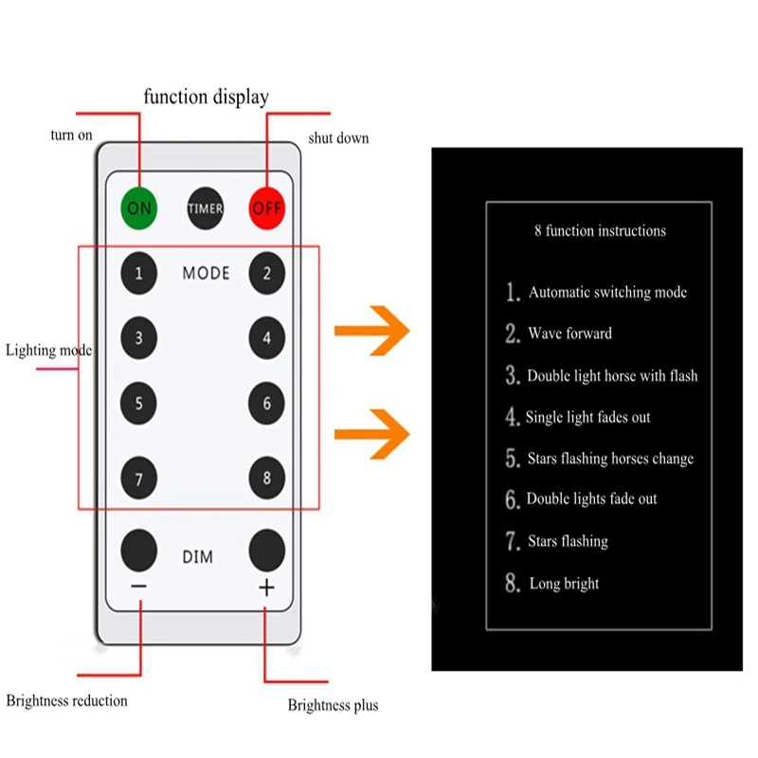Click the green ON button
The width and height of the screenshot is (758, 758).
tap(138, 208)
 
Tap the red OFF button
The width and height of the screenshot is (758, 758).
tap(267, 208)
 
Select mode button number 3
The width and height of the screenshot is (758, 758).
tap(138, 338)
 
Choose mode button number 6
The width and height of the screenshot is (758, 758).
tap(267, 404)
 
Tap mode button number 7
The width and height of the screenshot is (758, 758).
tap(138, 478)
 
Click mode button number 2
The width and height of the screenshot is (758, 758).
tap(267, 273)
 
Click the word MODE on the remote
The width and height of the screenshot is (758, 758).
tap(206, 274)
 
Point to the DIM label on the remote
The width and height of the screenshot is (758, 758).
tap(198, 557)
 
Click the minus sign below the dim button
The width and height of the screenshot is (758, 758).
tap(138, 587)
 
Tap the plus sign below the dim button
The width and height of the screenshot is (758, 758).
tap(267, 587)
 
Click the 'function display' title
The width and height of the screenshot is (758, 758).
tap(207, 98)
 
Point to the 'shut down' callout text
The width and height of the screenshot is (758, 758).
tap(338, 138)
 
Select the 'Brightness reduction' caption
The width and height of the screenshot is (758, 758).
tap(66, 700)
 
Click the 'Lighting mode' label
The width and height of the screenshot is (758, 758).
tap(49, 350)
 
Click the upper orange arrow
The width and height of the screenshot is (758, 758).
tap(372, 331)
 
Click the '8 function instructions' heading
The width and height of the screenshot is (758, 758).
tap(600, 230)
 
